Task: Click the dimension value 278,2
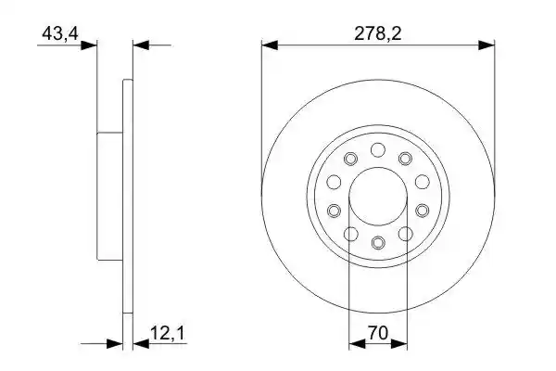(x=378, y=34)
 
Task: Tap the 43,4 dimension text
(x=60, y=34)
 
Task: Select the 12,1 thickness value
(x=168, y=333)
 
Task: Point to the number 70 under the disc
(x=378, y=333)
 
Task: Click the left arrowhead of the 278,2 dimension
(x=270, y=45)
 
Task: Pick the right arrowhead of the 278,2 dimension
(x=486, y=45)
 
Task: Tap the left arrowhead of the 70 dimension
(x=357, y=344)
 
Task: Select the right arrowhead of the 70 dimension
(x=398, y=344)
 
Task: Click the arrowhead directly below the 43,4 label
(x=89, y=45)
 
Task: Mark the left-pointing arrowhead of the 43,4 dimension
(x=141, y=45)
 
